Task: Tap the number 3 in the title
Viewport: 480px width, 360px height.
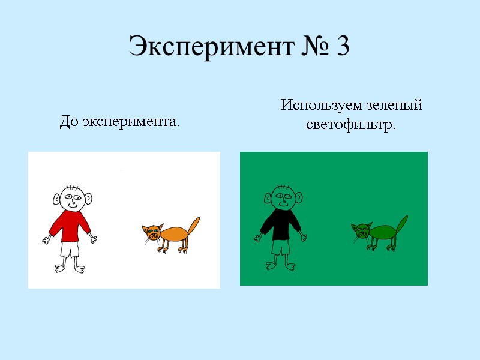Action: [343, 47]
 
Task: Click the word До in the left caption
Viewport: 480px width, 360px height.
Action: [70, 123]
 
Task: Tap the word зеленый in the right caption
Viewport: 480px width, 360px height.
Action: [395, 106]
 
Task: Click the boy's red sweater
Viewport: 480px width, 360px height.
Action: [70, 226]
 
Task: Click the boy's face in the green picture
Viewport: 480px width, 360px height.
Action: [281, 197]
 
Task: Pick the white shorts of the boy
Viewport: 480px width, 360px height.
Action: [70, 248]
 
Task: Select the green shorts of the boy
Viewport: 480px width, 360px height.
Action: [280, 247]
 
